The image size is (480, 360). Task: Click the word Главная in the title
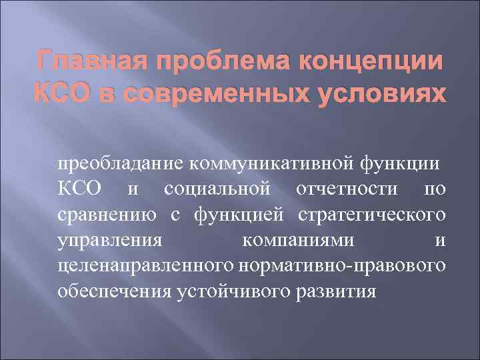tap(79, 63)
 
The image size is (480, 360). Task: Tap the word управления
tap(109, 240)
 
